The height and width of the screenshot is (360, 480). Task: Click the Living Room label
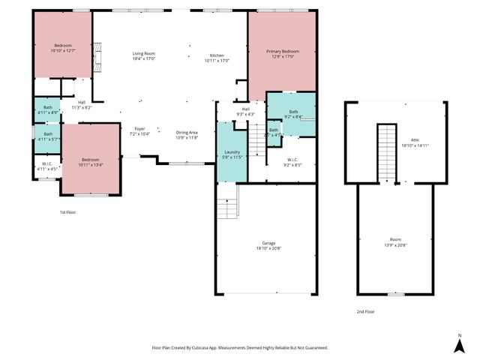144,54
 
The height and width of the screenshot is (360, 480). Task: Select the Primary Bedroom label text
281,51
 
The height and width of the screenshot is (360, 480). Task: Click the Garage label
268,244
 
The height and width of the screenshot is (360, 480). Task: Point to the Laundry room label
232,151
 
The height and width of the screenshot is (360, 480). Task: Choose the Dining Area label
187,132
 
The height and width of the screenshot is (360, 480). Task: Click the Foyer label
139,129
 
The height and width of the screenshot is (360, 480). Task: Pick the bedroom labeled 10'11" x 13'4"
90,160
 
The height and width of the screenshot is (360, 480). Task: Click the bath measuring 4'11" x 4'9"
47,110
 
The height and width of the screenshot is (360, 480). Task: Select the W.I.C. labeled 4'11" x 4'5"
46,166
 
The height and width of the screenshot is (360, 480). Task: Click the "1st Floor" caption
68,212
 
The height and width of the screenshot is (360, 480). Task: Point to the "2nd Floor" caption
365,311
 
